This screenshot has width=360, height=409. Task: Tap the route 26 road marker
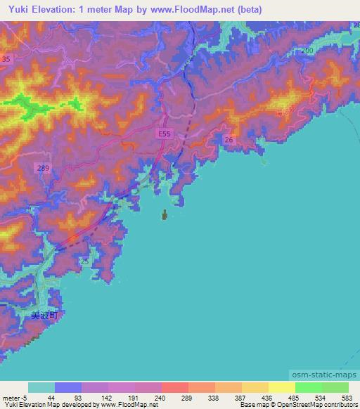[229, 141]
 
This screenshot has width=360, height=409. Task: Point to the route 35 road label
[6, 60]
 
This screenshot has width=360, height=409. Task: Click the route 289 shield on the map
[43, 167]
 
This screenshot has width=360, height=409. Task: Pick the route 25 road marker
[84, 261]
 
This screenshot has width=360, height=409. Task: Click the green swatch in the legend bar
[309, 387]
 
